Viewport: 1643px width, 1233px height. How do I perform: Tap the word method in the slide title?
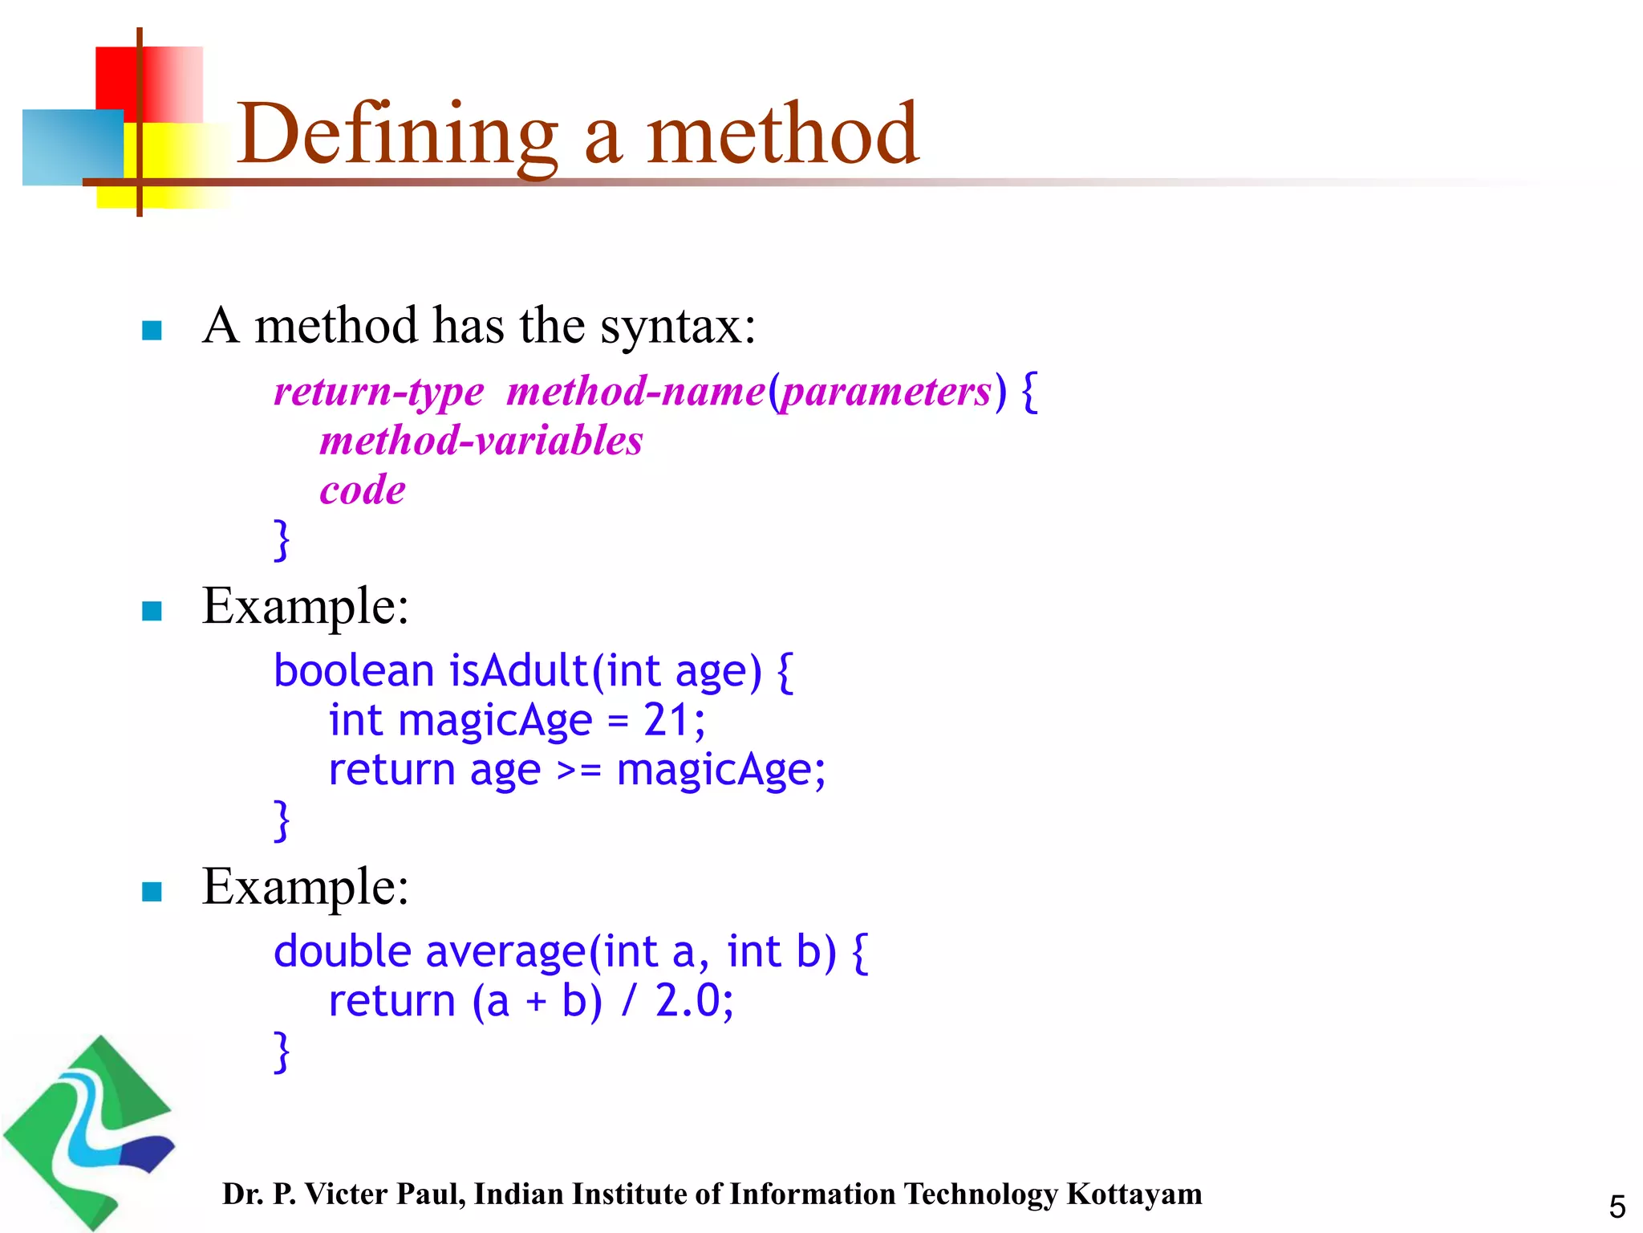pos(782,134)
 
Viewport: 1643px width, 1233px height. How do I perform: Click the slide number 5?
pos(1617,1207)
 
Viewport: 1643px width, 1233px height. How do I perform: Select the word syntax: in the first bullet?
pos(678,327)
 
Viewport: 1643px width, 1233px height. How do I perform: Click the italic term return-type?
pos(379,392)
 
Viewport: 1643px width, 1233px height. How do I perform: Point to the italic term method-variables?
pos(481,441)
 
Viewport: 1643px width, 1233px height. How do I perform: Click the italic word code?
pos(363,490)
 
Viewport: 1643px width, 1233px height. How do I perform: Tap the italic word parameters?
pos(886,392)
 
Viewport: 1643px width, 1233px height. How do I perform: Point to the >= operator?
pos(578,771)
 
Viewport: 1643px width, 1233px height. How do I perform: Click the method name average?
pos(506,953)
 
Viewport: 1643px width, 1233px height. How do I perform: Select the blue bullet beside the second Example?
pos(152,891)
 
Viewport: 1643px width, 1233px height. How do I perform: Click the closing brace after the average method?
pos(282,1052)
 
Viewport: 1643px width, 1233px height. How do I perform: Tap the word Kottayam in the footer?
pos(1134,1194)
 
